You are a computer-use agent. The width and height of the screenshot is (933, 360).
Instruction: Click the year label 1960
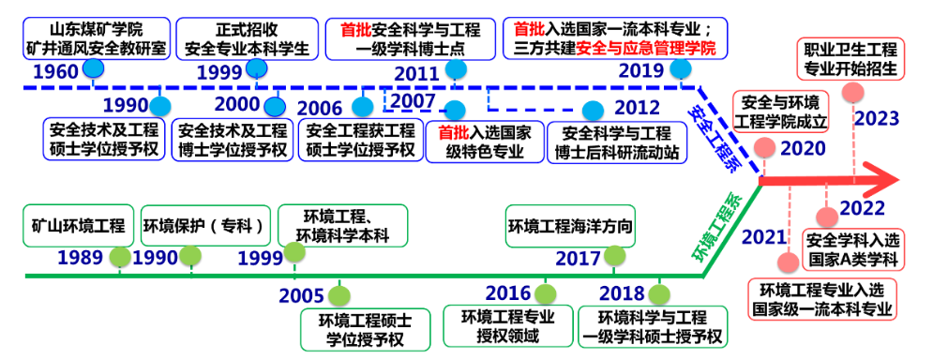coord(54,70)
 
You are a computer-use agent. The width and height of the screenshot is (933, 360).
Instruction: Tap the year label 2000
coord(236,104)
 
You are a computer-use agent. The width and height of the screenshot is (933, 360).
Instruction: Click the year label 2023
coord(877,118)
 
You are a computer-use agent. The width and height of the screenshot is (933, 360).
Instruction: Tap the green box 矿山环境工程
coord(79,225)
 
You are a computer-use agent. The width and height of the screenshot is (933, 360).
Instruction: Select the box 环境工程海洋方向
coord(570,226)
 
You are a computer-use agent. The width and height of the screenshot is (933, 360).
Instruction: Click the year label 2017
coord(578,258)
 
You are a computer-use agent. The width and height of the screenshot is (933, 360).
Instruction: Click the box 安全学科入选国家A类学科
coord(851,248)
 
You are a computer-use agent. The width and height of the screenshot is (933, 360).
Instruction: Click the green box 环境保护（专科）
coord(205,225)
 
